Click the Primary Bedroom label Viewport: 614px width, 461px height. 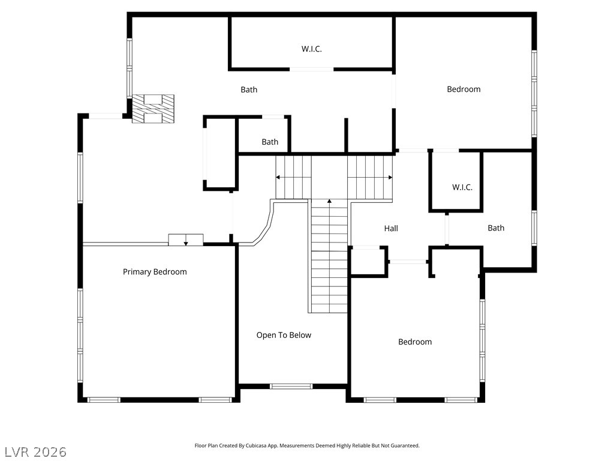[x=155, y=272]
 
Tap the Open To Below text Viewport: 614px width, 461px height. [x=284, y=335]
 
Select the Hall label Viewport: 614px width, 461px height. [x=391, y=228]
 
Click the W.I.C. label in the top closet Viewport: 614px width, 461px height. [x=311, y=49]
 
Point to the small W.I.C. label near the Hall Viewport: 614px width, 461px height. [x=462, y=187]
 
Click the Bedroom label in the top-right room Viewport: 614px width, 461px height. [x=463, y=89]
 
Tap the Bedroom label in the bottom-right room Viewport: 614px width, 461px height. [x=415, y=342]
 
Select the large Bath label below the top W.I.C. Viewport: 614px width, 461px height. [x=249, y=89]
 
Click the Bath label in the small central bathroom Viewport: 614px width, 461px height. [x=270, y=142]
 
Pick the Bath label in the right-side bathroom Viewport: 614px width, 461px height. [x=496, y=228]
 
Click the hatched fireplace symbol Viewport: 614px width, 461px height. [x=153, y=109]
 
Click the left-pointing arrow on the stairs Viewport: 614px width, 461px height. [x=278, y=177]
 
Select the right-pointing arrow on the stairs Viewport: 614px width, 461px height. [x=390, y=177]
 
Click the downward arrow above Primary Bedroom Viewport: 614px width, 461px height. [x=186, y=242]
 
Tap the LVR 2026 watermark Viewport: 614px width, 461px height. [x=35, y=451]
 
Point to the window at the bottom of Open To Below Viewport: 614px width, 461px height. [x=291, y=386]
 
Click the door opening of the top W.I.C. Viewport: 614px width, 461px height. [x=312, y=70]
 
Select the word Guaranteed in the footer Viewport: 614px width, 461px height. [x=406, y=446]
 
